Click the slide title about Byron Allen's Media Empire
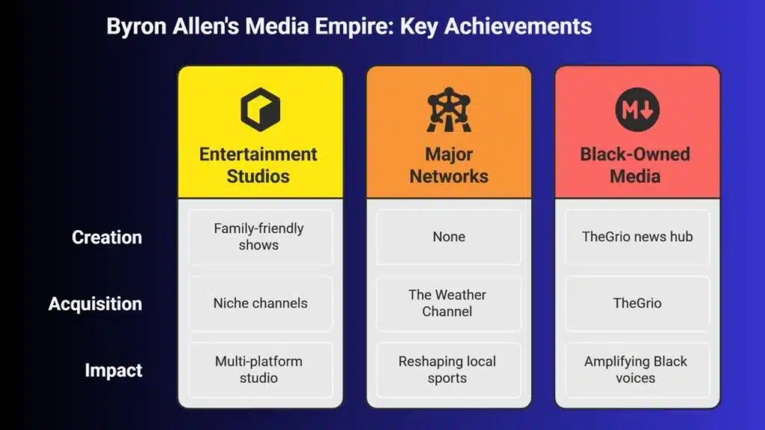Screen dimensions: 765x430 point(349,26)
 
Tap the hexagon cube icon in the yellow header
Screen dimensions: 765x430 point(261,110)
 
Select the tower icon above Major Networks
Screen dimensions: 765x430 point(449,110)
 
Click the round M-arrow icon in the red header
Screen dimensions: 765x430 point(637,110)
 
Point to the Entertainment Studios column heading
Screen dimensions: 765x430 point(258,165)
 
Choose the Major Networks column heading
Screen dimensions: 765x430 point(449,165)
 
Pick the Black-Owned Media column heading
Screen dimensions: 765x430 point(635,165)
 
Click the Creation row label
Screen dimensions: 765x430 point(107,237)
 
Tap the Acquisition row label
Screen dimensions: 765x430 point(95,304)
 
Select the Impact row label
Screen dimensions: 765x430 point(114,370)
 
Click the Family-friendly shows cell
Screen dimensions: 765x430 point(261,237)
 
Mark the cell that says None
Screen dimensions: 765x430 point(449,237)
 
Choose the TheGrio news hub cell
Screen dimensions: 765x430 point(637,237)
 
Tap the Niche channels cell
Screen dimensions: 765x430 point(261,303)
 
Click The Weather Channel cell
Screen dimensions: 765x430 point(449,303)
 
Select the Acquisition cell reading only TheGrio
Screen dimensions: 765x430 point(637,303)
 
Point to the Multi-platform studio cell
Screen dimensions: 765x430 point(261,370)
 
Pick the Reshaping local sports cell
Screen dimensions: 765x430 point(449,370)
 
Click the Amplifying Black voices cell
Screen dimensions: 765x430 point(637,370)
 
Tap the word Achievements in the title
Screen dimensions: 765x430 point(518,26)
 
